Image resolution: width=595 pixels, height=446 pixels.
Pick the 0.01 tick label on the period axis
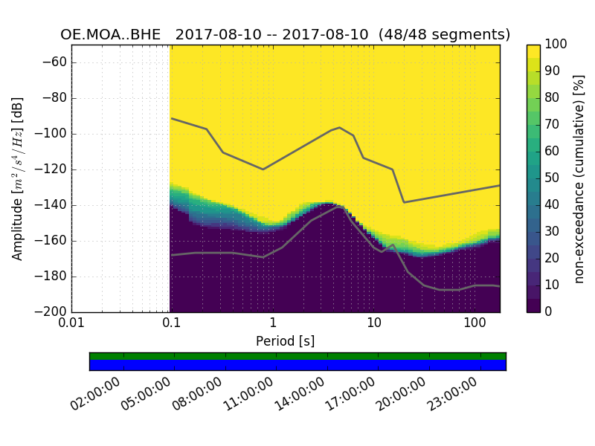click(x=71, y=324)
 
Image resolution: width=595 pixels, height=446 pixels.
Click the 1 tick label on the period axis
click(x=273, y=324)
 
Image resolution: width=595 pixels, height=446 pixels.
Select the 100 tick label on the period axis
click(x=475, y=324)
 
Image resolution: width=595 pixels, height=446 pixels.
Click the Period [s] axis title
click(x=285, y=340)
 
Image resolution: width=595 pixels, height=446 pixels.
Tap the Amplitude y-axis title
click(x=18, y=178)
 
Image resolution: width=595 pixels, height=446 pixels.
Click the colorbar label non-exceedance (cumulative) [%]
click(x=580, y=178)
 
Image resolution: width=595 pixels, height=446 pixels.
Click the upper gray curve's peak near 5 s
click(x=339, y=127)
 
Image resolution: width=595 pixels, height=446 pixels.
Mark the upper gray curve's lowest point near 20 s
click(x=404, y=202)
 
